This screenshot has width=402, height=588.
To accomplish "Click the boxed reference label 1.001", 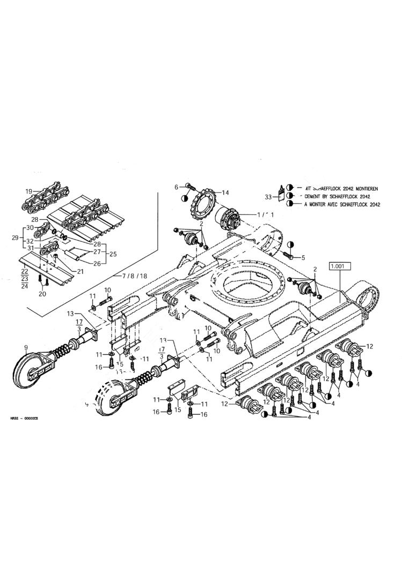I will pyautogui.click(x=340, y=266).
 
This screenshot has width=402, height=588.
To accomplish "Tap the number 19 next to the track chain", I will pyautogui.click(x=28, y=191).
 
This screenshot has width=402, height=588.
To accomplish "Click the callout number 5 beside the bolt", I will pyautogui.click(x=303, y=257).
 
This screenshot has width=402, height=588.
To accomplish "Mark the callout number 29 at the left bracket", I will pyautogui.click(x=14, y=237).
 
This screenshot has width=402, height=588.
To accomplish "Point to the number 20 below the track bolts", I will pyautogui.click(x=43, y=295).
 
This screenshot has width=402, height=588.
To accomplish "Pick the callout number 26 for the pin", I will pyautogui.click(x=97, y=263).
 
